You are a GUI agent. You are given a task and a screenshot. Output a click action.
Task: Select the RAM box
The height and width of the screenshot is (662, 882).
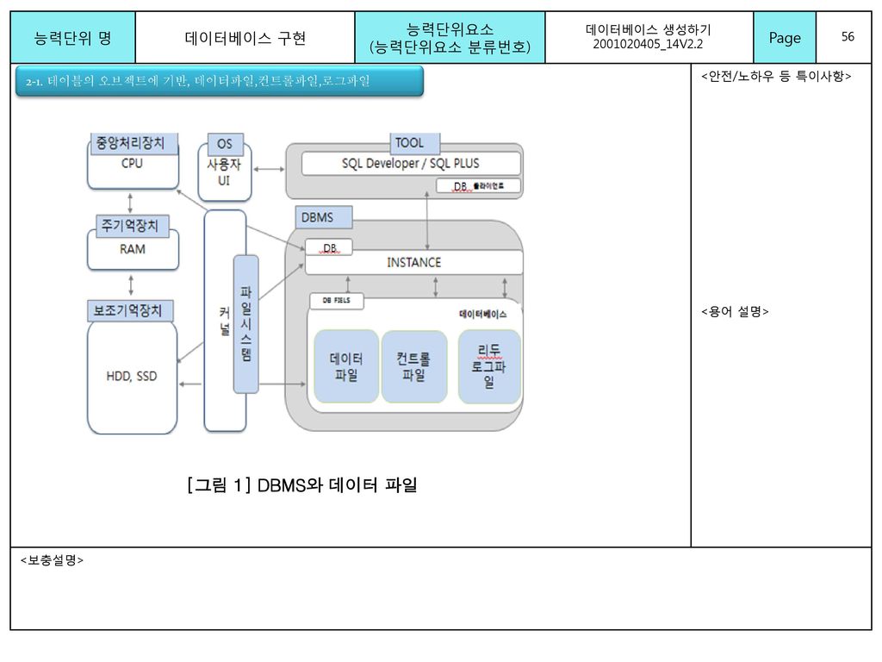tap(132, 249)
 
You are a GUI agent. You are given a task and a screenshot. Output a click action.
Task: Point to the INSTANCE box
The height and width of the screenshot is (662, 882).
tap(413, 262)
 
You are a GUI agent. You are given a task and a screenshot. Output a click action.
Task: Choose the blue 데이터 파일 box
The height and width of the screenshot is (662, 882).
tap(346, 366)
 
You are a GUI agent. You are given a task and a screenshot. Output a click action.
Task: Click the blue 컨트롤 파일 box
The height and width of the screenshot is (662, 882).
tap(413, 366)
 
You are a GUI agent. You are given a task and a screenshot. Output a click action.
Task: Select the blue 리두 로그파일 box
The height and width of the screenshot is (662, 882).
tap(489, 366)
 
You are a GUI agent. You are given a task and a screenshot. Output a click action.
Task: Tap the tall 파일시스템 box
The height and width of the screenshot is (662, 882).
tap(245, 323)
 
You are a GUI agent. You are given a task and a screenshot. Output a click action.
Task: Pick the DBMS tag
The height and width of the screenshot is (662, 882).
tap(317, 217)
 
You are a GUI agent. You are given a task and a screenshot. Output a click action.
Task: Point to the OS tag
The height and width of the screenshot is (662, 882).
tap(224, 143)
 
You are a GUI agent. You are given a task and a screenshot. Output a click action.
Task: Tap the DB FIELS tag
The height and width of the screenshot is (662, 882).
tap(337, 300)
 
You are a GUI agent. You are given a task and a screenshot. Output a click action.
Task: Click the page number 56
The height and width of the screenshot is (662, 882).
tap(848, 37)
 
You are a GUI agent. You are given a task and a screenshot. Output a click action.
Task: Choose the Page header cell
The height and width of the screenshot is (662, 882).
tap(784, 37)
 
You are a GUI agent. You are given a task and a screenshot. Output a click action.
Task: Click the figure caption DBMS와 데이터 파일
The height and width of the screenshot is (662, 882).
tap(302, 486)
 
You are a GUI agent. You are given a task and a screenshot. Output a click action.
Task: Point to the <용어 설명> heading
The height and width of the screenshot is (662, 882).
tap(734, 312)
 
